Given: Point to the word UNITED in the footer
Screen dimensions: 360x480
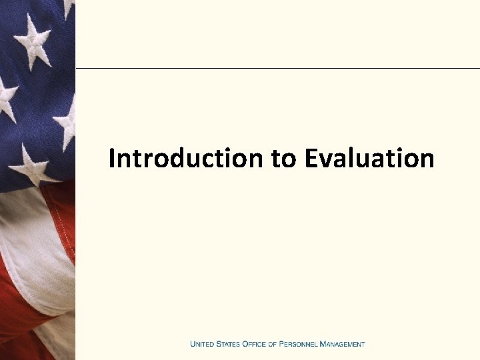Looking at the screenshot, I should click(201, 344).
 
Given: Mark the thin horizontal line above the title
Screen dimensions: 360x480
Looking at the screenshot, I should click(277, 68).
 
